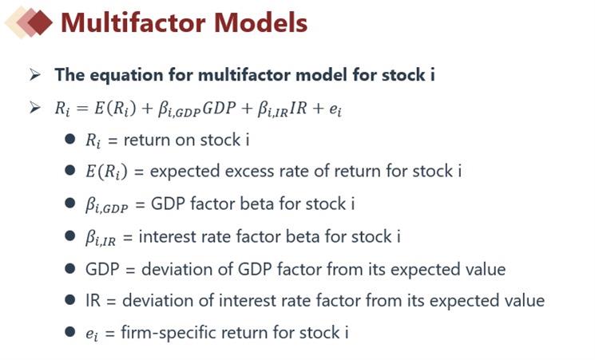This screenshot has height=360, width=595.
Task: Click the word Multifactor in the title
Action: click(133, 22)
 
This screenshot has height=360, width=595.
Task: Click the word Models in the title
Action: click(260, 22)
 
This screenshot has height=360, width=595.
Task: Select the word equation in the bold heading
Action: click(126, 75)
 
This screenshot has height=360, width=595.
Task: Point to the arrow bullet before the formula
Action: click(35, 107)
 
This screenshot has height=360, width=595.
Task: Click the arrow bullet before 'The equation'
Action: click(35, 74)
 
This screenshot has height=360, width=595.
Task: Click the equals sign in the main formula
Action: click(82, 109)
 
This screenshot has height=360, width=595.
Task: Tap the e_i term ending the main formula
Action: click(335, 110)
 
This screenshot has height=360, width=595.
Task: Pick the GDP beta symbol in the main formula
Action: click(179, 109)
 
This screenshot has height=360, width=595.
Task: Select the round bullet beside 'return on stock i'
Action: click(69, 139)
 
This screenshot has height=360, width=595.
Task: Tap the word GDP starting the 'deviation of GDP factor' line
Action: click(102, 269)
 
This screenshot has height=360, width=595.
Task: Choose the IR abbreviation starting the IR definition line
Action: click(93, 301)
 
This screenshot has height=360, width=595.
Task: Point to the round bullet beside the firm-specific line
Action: click(69, 332)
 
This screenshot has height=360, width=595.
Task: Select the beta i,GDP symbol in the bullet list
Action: click(107, 205)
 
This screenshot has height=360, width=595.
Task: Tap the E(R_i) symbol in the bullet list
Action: click(107, 172)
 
